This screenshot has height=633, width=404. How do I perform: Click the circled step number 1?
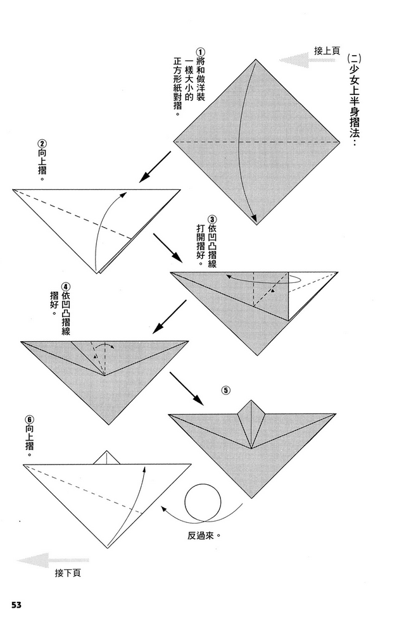click(200, 52)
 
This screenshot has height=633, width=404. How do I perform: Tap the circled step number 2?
click(42, 143)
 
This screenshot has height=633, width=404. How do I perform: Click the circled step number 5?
click(226, 390)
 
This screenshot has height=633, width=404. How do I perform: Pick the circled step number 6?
click(29, 419)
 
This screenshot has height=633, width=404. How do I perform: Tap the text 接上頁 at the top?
click(327, 50)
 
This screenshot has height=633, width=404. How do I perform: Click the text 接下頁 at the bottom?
click(68, 573)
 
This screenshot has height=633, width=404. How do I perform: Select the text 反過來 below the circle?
click(204, 535)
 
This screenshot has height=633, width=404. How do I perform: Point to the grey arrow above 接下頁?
click(41, 560)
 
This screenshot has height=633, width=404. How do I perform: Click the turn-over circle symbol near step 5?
click(203, 500)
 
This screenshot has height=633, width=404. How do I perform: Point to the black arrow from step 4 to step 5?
click(187, 388)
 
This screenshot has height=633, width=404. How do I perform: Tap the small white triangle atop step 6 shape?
click(106, 457)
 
